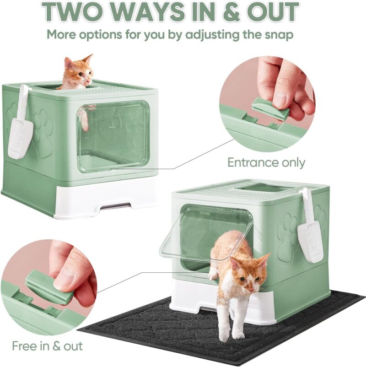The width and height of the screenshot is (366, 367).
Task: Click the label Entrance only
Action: (266, 162)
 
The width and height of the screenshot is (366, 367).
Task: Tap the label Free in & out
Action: (47, 345)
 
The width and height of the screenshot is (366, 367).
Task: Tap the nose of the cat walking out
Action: (252, 290)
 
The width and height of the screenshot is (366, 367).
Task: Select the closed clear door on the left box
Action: (113, 136)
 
